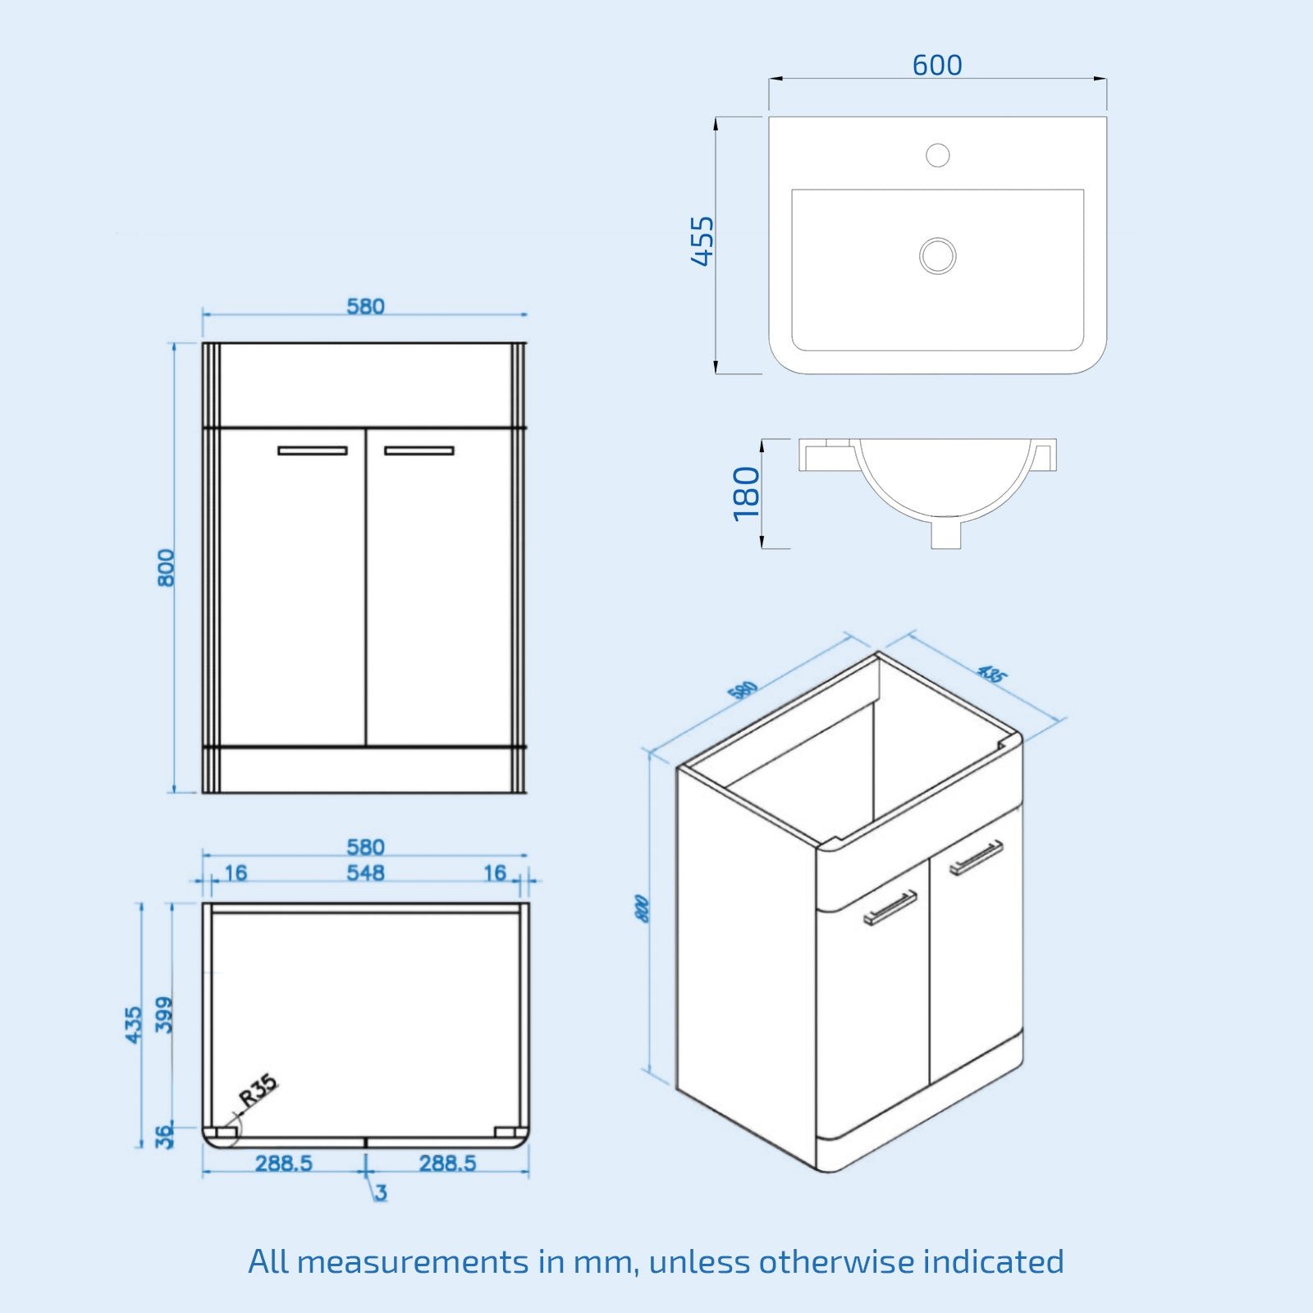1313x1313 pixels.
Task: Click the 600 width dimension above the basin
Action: pos(937,65)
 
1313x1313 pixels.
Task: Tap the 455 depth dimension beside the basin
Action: pos(702,241)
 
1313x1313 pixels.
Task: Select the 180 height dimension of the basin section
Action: pos(747,493)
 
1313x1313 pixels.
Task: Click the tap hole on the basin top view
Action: pos(937,154)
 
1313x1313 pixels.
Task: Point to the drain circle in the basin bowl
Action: pos(937,255)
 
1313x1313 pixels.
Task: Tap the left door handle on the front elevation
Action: pos(312,451)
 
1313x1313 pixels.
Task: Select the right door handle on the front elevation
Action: pos(419,451)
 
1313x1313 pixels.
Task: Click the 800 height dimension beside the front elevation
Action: pos(166,568)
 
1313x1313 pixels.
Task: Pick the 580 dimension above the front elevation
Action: pos(365,306)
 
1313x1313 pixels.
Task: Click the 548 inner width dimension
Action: pos(365,873)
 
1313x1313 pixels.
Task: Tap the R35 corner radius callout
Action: pos(258,1091)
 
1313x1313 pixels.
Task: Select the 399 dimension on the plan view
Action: pos(165,1015)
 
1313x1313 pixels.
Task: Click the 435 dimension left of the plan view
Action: pos(134,1025)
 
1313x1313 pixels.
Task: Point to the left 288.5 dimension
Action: pos(283,1164)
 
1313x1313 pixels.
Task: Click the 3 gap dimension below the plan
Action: pos(380,1192)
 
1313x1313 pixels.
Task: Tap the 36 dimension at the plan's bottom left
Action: pos(165,1136)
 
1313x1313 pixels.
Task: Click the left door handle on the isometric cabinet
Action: pos(890,907)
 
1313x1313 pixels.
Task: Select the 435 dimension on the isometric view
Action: pos(991,674)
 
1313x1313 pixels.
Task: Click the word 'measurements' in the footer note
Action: pos(413,1261)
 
